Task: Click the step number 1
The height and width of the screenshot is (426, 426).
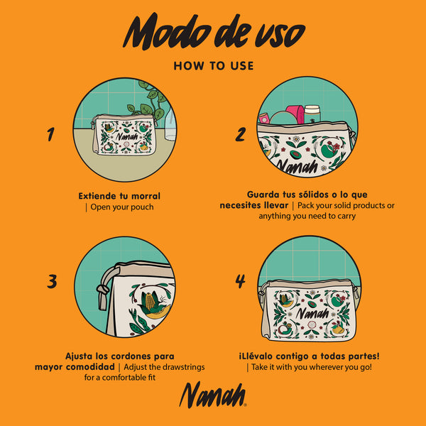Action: point(50,134)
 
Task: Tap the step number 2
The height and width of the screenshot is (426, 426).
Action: point(241,134)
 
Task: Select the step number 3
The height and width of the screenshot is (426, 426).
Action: point(52,281)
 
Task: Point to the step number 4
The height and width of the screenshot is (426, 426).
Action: point(241,281)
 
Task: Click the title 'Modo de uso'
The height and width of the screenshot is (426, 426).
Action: point(214,31)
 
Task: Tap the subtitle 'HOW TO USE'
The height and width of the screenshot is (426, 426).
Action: point(214,66)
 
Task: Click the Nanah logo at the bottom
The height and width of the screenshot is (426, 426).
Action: point(213,395)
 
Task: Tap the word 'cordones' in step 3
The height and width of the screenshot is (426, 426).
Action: point(131,356)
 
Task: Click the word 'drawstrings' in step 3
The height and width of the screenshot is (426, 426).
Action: point(182,367)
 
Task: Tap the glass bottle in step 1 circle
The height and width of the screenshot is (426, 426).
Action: point(170,124)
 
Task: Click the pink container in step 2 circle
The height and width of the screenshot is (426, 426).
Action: point(295,114)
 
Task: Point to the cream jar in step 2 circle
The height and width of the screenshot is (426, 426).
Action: point(312,114)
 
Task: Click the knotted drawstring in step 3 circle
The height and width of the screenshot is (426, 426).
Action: point(104,290)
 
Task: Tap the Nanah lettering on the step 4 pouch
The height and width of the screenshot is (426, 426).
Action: point(312,313)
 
